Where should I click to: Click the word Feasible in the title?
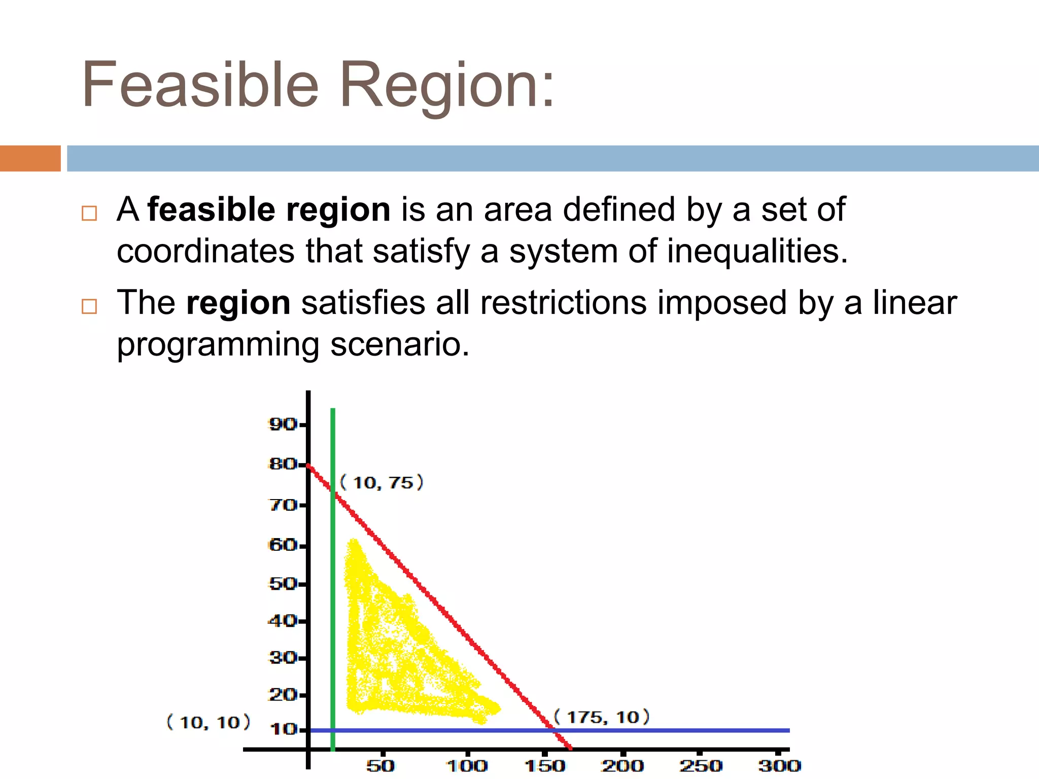200,85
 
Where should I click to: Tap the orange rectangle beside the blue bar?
30,158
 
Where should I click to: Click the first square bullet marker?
89,213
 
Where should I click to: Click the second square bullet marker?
89,306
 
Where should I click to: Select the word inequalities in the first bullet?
756,251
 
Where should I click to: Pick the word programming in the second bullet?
218,345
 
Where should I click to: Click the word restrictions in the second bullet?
564,303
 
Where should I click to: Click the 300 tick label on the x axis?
779,765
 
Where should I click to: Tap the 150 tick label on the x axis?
544,765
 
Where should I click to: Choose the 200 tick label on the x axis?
622,765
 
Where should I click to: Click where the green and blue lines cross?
333,730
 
